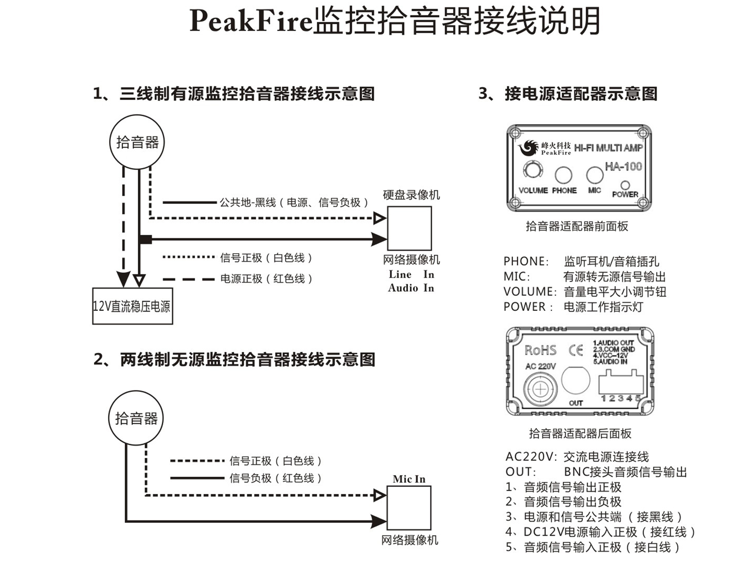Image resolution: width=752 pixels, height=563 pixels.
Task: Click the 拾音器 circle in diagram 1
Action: (137, 142)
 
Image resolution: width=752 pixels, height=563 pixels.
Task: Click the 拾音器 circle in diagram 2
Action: (136, 418)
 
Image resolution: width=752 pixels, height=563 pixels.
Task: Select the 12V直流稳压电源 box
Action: (132, 306)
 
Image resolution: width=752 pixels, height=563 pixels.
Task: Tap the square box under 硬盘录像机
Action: (409, 228)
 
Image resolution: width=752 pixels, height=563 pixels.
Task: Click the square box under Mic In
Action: (409, 508)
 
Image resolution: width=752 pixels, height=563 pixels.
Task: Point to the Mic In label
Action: (409, 479)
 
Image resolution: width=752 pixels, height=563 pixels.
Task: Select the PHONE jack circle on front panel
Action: (563, 175)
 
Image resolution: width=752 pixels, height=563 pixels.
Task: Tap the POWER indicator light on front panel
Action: (625, 185)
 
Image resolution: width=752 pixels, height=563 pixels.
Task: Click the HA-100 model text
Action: (623, 166)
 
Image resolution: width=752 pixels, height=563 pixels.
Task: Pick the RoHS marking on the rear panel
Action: (540, 350)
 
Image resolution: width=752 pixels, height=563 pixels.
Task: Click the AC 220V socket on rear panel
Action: (540, 389)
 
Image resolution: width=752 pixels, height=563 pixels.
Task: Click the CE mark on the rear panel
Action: (576, 350)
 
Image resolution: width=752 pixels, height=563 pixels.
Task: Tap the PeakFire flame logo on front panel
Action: (528, 148)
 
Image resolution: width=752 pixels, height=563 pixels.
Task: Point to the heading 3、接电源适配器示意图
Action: (568, 94)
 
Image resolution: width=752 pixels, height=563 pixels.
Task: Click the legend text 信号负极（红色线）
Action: (275, 478)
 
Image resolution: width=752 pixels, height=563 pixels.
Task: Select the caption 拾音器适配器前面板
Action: (577, 226)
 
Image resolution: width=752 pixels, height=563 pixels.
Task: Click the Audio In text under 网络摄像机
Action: (411, 288)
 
